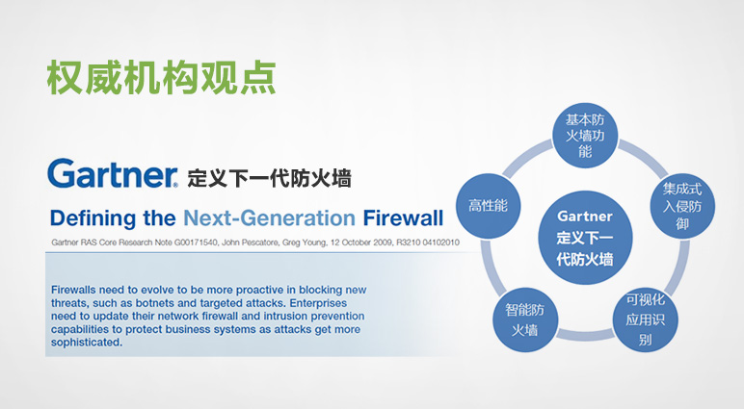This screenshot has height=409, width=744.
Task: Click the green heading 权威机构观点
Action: coord(161,77)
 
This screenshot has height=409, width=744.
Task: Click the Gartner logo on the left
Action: coord(113,173)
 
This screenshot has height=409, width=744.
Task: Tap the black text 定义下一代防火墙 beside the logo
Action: coord(269,179)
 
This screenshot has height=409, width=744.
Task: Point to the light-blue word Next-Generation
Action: coord(270,218)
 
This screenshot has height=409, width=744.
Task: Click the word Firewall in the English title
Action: coord(403,218)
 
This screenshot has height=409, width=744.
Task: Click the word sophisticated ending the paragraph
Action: coord(87,343)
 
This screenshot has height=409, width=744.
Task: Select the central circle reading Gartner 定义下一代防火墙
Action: coord(585,238)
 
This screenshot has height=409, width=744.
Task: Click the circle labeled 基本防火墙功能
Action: coord(585,136)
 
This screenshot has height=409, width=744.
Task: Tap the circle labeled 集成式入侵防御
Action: coord(682,206)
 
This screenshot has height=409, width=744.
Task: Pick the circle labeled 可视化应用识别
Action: coord(646,320)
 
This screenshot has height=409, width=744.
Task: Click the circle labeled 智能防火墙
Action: coord(525,320)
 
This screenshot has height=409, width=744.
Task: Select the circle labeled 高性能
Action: coord(488,206)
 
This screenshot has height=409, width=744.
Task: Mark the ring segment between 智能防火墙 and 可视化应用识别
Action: coord(585,335)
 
